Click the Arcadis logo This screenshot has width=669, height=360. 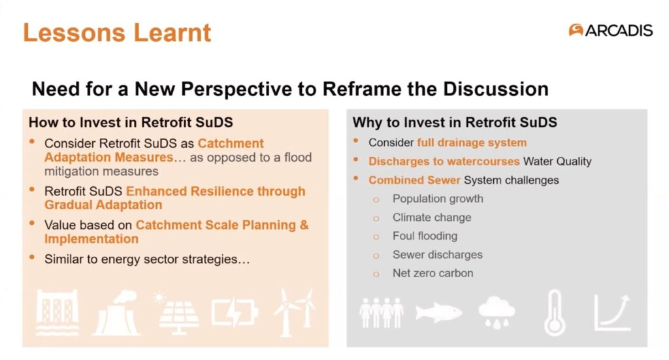(611, 30)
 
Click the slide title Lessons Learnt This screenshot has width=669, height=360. (117, 33)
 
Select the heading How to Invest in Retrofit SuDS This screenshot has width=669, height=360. (131, 122)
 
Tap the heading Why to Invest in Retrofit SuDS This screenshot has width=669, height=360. (455, 122)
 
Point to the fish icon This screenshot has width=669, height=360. (438, 313)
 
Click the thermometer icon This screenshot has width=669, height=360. (555, 313)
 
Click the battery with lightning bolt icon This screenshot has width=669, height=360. (235, 313)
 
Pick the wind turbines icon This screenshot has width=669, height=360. (295, 313)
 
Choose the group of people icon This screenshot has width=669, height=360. (382, 313)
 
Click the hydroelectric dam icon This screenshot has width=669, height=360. (57, 313)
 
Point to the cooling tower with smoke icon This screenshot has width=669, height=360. (116, 313)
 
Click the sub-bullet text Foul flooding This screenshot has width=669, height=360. (425, 236)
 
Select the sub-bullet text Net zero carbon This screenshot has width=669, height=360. (432, 273)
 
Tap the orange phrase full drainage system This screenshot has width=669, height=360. (472, 142)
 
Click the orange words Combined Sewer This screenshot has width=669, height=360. (414, 180)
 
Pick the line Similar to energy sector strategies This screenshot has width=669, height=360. (147, 259)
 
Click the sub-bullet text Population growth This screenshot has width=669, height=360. (438, 199)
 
